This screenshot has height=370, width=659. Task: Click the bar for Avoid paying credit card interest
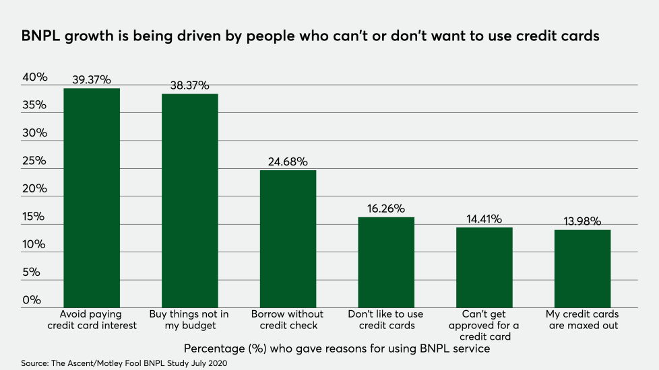(92, 198)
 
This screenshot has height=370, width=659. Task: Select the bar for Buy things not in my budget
(189, 200)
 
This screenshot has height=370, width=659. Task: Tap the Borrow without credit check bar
(288, 239)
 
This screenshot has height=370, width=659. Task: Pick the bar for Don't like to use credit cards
(386, 262)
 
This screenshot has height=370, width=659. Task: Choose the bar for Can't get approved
(484, 268)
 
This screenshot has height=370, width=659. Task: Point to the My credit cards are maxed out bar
(582, 269)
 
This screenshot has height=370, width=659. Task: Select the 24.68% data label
(288, 162)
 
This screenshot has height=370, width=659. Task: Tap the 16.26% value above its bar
(386, 209)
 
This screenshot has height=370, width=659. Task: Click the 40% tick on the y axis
(35, 77)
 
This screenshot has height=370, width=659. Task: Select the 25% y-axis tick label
(35, 161)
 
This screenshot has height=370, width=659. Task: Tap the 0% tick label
(32, 301)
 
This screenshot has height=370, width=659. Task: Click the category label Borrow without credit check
(288, 320)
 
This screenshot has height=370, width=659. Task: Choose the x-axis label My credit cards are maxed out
(582, 320)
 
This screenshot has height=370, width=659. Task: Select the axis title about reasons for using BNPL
(336, 349)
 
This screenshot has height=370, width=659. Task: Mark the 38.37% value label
(189, 86)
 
